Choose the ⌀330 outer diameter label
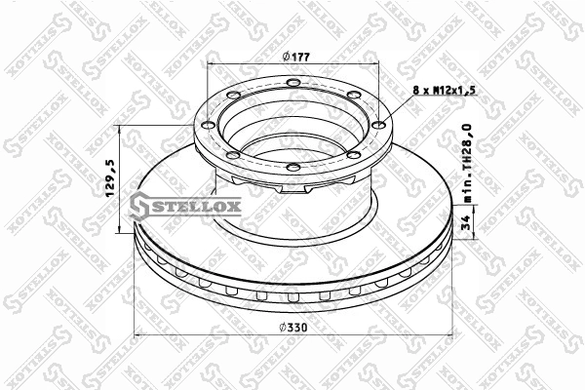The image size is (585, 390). [x=292, y=328]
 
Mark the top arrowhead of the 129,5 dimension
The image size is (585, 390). [x=120, y=129]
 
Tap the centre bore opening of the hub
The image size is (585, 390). [x=292, y=132]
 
